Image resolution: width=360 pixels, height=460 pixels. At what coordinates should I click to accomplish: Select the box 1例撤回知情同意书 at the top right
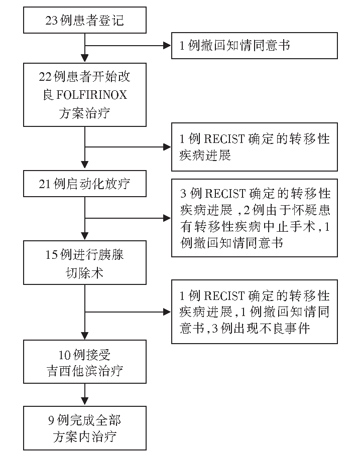[x=255, y=46]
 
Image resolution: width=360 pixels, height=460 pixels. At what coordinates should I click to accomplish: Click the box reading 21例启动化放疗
[x=85, y=184]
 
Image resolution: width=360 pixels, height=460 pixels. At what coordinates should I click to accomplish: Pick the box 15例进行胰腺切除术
[x=85, y=262]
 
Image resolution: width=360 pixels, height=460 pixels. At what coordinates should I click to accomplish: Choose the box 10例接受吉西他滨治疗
[x=85, y=363]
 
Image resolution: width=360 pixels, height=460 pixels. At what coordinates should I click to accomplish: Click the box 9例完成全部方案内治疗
[x=85, y=428]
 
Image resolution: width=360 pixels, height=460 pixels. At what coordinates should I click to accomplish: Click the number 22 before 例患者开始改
[x=46, y=76]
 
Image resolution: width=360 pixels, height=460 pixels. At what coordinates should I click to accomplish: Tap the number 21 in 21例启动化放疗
[x=46, y=184]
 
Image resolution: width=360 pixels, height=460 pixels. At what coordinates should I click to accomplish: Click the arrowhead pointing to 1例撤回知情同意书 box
[x=168, y=46]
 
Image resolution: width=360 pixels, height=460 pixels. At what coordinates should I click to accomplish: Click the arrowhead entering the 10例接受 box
[x=85, y=337]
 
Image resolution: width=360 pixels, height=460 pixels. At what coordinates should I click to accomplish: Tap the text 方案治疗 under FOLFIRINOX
[x=85, y=113]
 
